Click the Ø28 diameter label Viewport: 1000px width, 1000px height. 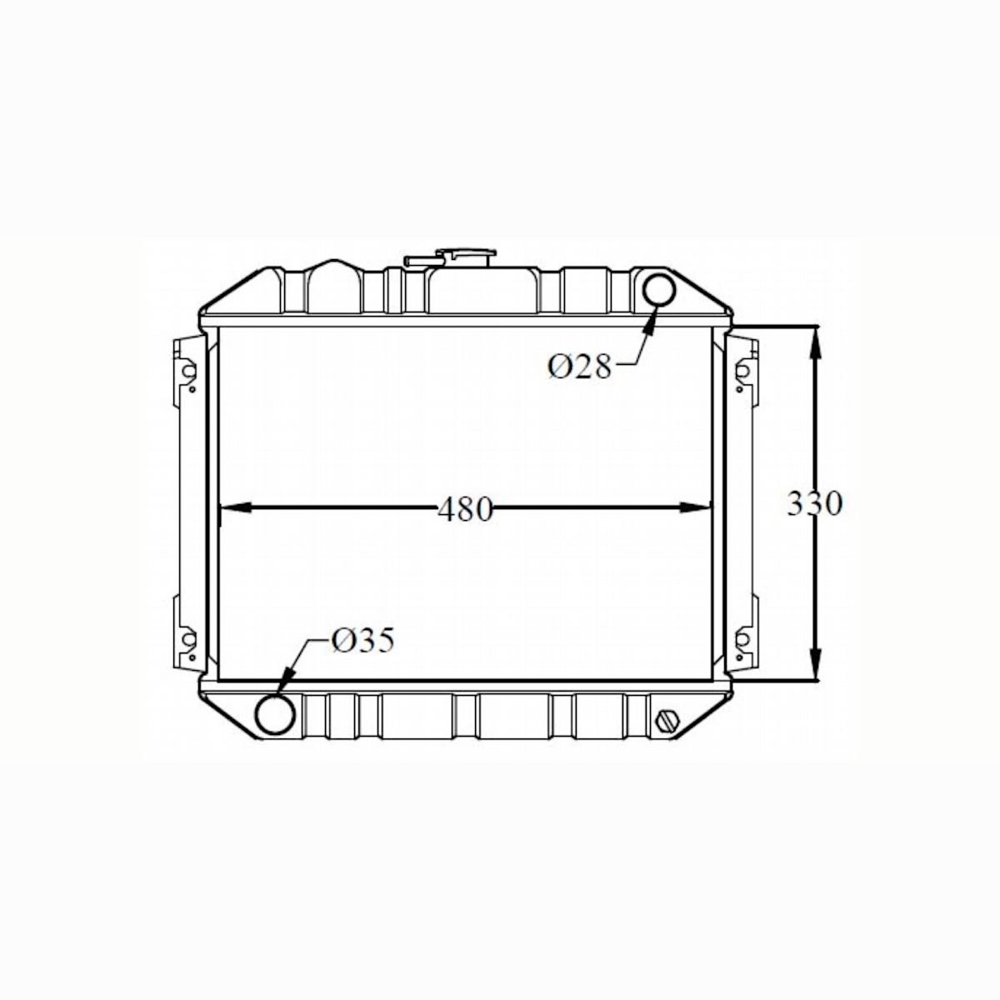579,366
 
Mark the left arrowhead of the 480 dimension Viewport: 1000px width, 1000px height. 233,507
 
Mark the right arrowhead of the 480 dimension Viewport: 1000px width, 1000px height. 697,507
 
